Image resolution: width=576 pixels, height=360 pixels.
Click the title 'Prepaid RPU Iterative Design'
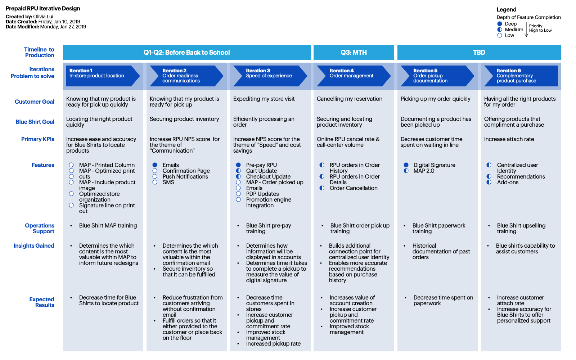pyautogui.click(x=43, y=9)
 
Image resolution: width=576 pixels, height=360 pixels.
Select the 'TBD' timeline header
pyautogui.click(x=479, y=53)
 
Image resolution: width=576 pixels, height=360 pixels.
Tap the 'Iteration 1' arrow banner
pyautogui.click(x=103, y=76)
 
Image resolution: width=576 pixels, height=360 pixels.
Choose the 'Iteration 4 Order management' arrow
pyautogui.click(x=354, y=76)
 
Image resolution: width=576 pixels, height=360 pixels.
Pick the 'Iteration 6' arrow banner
pyautogui.click(x=521, y=76)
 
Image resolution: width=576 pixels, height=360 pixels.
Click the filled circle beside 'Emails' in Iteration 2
pyautogui.click(x=155, y=165)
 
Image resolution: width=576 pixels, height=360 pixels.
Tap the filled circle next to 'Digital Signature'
pyautogui.click(x=406, y=165)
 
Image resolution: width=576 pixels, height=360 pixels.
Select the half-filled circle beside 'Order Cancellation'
pyautogui.click(x=322, y=188)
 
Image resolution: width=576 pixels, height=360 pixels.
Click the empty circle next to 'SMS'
pyautogui.click(x=155, y=182)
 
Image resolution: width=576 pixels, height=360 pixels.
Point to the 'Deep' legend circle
pyautogui.click(x=500, y=24)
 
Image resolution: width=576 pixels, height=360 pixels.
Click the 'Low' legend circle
pyautogui.click(x=500, y=36)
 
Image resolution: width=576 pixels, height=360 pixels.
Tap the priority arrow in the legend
pyautogui.click(x=526, y=30)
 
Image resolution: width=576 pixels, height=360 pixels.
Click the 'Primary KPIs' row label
pyautogui.click(x=37, y=139)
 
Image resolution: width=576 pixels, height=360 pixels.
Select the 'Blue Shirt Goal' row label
pyautogui.click(x=35, y=122)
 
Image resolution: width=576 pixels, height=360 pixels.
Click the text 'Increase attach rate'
pyautogui.click(x=509, y=139)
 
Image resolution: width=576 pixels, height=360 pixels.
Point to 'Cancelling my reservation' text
pyautogui.click(x=350, y=99)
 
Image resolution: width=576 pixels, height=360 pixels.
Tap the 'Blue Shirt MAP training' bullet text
pyautogui.click(x=108, y=225)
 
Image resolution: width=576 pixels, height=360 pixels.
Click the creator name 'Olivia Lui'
pyautogui.click(x=43, y=17)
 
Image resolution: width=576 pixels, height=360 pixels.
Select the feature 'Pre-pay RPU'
pyautogui.click(x=261, y=165)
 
